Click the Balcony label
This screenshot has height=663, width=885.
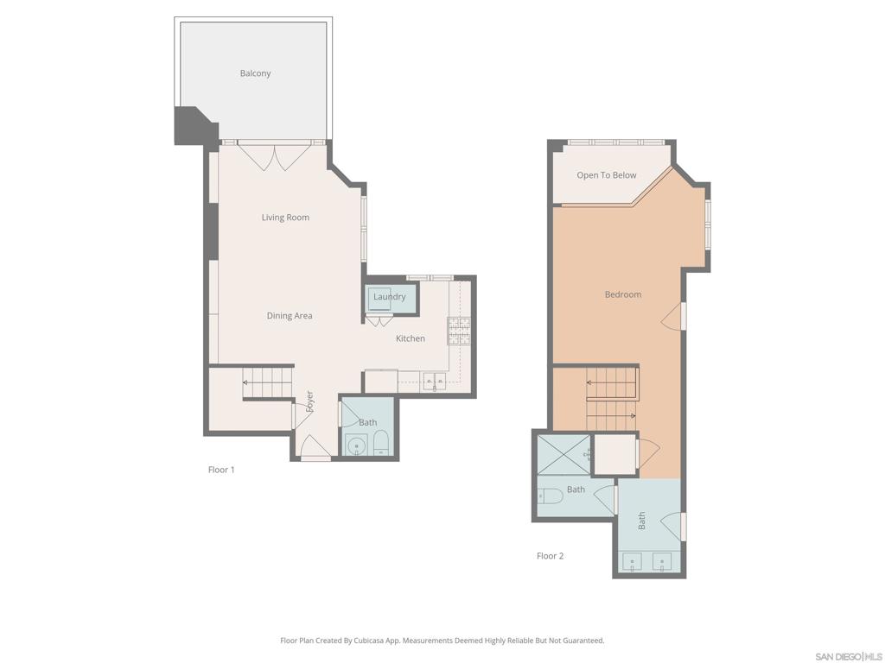pyautogui.click(x=255, y=73)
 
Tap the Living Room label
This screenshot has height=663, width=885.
pyautogui.click(x=285, y=218)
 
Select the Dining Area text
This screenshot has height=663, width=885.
pyautogui.click(x=290, y=316)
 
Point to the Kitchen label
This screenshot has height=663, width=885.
pyautogui.click(x=411, y=338)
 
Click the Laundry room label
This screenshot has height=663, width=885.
pyautogui.click(x=389, y=297)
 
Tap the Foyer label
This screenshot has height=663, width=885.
pyautogui.click(x=309, y=401)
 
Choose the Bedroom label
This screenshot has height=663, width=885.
pyautogui.click(x=622, y=294)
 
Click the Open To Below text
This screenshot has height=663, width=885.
pyautogui.click(x=606, y=175)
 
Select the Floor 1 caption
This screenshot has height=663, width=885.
pyautogui.click(x=221, y=470)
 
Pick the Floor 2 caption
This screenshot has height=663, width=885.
pyautogui.click(x=550, y=556)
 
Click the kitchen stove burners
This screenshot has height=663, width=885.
pyautogui.click(x=459, y=331)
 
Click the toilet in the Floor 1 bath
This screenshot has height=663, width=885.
pyautogui.click(x=382, y=445)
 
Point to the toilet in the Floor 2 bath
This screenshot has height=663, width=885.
pyautogui.click(x=550, y=496)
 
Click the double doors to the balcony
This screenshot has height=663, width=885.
pyautogui.click(x=274, y=157)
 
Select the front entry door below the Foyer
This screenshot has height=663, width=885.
pyautogui.click(x=315, y=448)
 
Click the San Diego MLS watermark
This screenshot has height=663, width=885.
pyautogui.click(x=848, y=656)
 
